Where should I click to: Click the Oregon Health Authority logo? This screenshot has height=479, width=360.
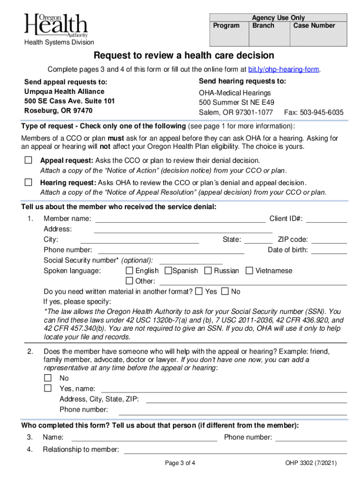coord(56,26)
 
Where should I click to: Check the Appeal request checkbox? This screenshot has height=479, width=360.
coord(29,160)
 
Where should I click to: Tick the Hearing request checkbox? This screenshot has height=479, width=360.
coord(29,182)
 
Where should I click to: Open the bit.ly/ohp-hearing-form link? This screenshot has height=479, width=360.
coord(284,70)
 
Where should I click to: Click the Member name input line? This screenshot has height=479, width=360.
coord(180,218)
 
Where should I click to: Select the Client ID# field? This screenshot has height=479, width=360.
coord(326,218)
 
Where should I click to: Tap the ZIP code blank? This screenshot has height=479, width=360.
coord(329,239)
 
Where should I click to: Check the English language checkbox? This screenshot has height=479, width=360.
coord(130,271)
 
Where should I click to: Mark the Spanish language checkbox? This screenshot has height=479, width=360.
coord(168,271)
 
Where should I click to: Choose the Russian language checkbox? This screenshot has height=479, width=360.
coord(208,271)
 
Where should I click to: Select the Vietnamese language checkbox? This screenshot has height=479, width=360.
coord(249,271)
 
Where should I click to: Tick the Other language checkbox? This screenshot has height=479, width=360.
coord(130,281)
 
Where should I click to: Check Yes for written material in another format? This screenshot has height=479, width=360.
coord(199,291)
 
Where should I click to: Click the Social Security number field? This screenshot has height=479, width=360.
coord(191,261)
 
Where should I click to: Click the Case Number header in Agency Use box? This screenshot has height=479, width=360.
coord(314,25)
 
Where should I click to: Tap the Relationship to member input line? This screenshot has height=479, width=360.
coord(235,450)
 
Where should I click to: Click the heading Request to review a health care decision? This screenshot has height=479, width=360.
coord(184,56)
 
